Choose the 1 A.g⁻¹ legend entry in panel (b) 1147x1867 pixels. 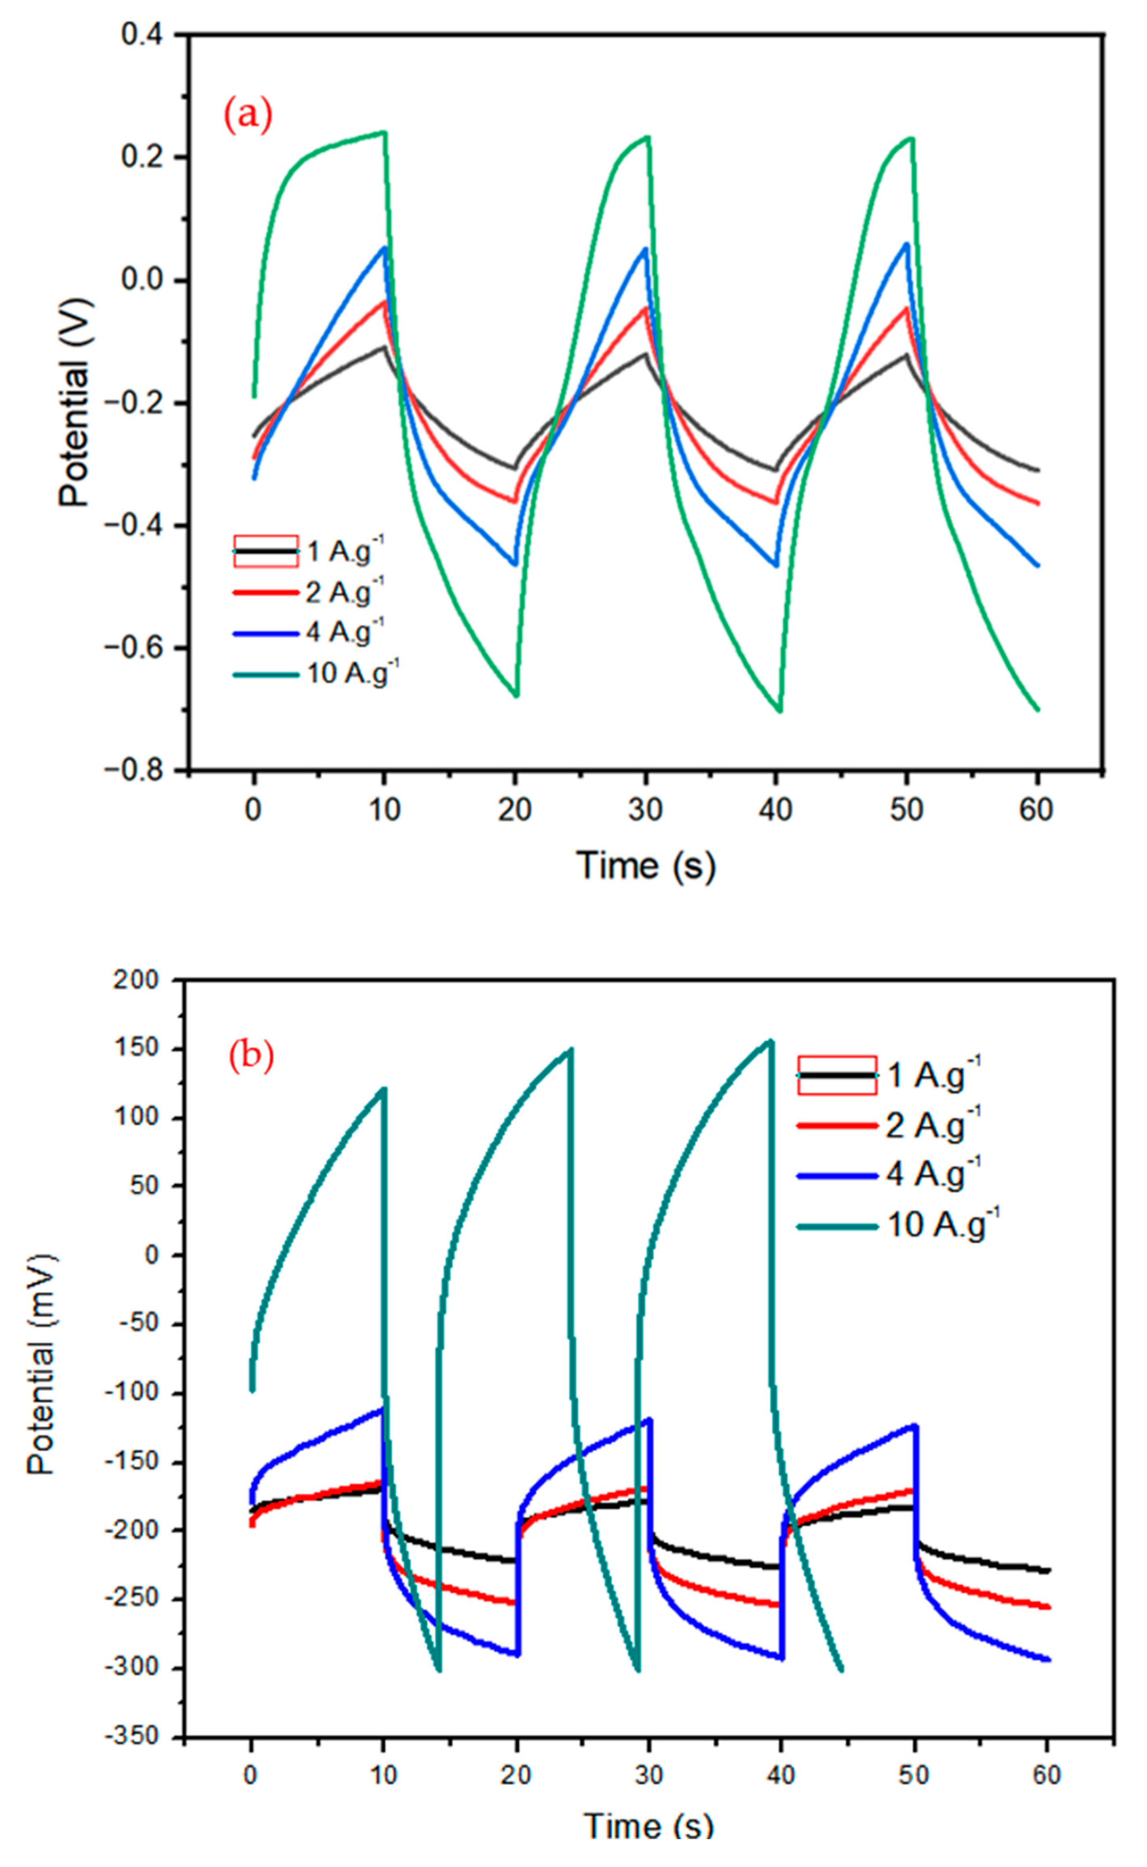(x=933, y=1074)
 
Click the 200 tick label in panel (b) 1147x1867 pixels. (x=137, y=981)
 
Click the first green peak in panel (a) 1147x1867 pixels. (x=384, y=133)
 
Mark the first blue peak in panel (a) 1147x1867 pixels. (x=384, y=248)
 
